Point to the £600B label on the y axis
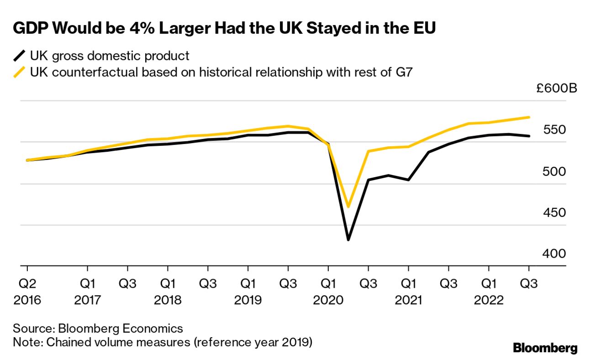pyautogui.click(x=557, y=88)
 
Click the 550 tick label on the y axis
pyautogui.click(x=554, y=130)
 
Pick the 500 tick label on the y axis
pyautogui.click(x=554, y=171)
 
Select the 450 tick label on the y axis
pyautogui.click(x=554, y=212)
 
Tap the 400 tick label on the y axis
pyautogui.click(x=554, y=254)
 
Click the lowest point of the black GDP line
pyautogui.click(x=348, y=239)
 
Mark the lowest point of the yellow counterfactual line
pyautogui.click(x=348, y=207)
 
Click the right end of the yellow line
pyautogui.click(x=529, y=117)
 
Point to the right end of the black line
pyautogui.click(x=529, y=136)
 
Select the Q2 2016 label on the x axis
pyautogui.click(x=27, y=292)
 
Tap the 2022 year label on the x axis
pyautogui.click(x=489, y=301)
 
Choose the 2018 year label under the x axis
pyautogui.click(x=168, y=301)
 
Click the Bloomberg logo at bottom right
pyautogui.click(x=545, y=348)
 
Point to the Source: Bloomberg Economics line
pyautogui.click(x=98, y=328)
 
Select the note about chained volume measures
pyautogui.click(x=162, y=342)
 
